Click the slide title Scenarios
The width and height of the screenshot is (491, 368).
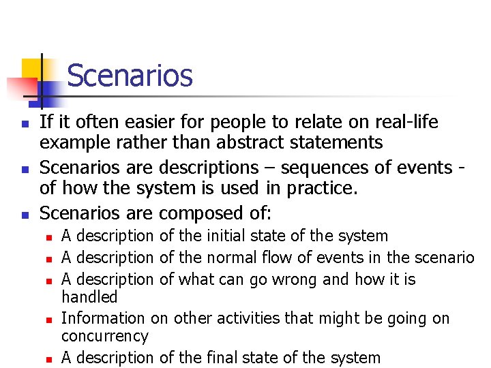tap(130, 76)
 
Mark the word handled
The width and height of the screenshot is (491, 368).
tap(89, 296)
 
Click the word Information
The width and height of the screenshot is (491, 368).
tap(103, 318)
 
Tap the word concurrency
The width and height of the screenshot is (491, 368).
tap(104, 336)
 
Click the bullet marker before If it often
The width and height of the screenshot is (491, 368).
tap(24, 124)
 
